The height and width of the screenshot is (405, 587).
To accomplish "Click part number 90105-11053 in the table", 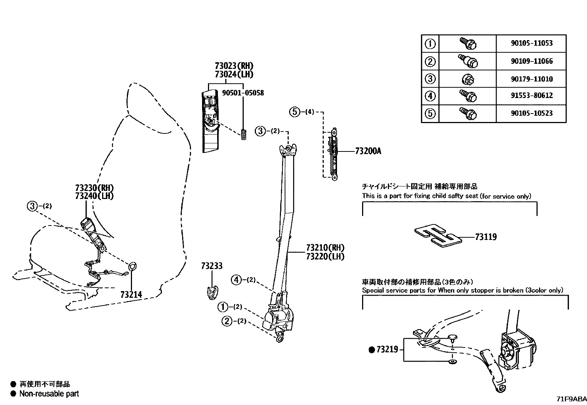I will pyautogui.click(x=531, y=43).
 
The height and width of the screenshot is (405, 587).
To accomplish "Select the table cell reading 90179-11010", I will pyautogui.click(x=531, y=79).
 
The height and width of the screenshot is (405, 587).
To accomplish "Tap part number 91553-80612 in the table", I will pyautogui.click(x=531, y=95).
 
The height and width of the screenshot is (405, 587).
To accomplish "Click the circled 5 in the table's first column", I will pyautogui.click(x=430, y=113).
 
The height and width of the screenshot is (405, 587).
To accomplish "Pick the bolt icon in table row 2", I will pyautogui.click(x=468, y=61).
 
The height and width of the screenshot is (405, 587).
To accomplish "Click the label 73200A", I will pyautogui.click(x=368, y=151).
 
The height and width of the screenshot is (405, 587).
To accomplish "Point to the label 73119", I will pyautogui.click(x=486, y=237).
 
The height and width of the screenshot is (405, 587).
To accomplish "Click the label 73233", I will pyautogui.click(x=212, y=266).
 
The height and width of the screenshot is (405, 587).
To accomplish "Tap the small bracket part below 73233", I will pyautogui.click(x=211, y=292).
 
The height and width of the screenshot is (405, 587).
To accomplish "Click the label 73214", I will pyautogui.click(x=131, y=294).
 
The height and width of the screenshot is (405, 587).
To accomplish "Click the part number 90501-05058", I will pyautogui.click(x=243, y=93).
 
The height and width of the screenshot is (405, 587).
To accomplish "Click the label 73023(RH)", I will pyautogui.click(x=234, y=66).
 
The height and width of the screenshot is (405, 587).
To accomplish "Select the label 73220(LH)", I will pyautogui.click(x=325, y=256).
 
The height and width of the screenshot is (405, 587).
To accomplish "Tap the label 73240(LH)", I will pyautogui.click(x=94, y=196).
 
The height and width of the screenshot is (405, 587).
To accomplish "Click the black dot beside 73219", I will pyautogui.click(x=372, y=350).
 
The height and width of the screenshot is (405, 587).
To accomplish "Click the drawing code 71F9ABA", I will pyautogui.click(x=571, y=399).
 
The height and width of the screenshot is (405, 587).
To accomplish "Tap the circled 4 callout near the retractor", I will pyautogui.click(x=236, y=280).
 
